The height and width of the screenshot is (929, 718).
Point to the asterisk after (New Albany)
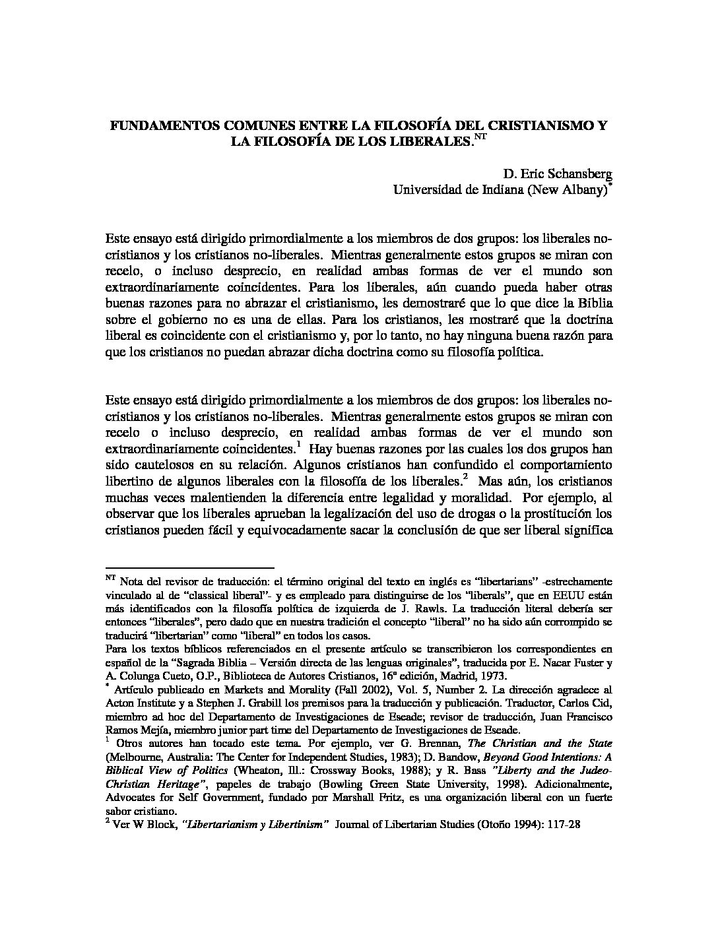click(x=610, y=186)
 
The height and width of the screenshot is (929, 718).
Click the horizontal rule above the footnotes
click(x=189, y=567)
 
